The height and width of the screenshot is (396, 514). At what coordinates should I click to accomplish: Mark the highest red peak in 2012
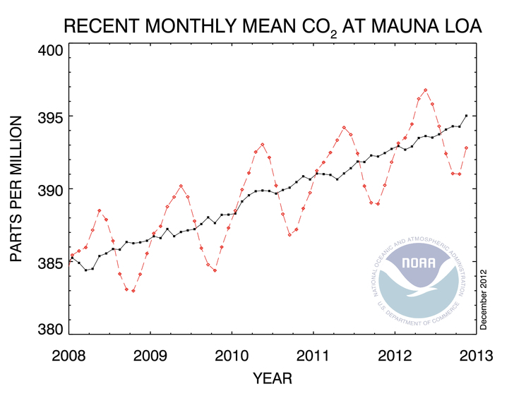(x=426, y=90)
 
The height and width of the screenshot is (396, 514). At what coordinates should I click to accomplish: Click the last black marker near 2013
(x=466, y=115)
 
